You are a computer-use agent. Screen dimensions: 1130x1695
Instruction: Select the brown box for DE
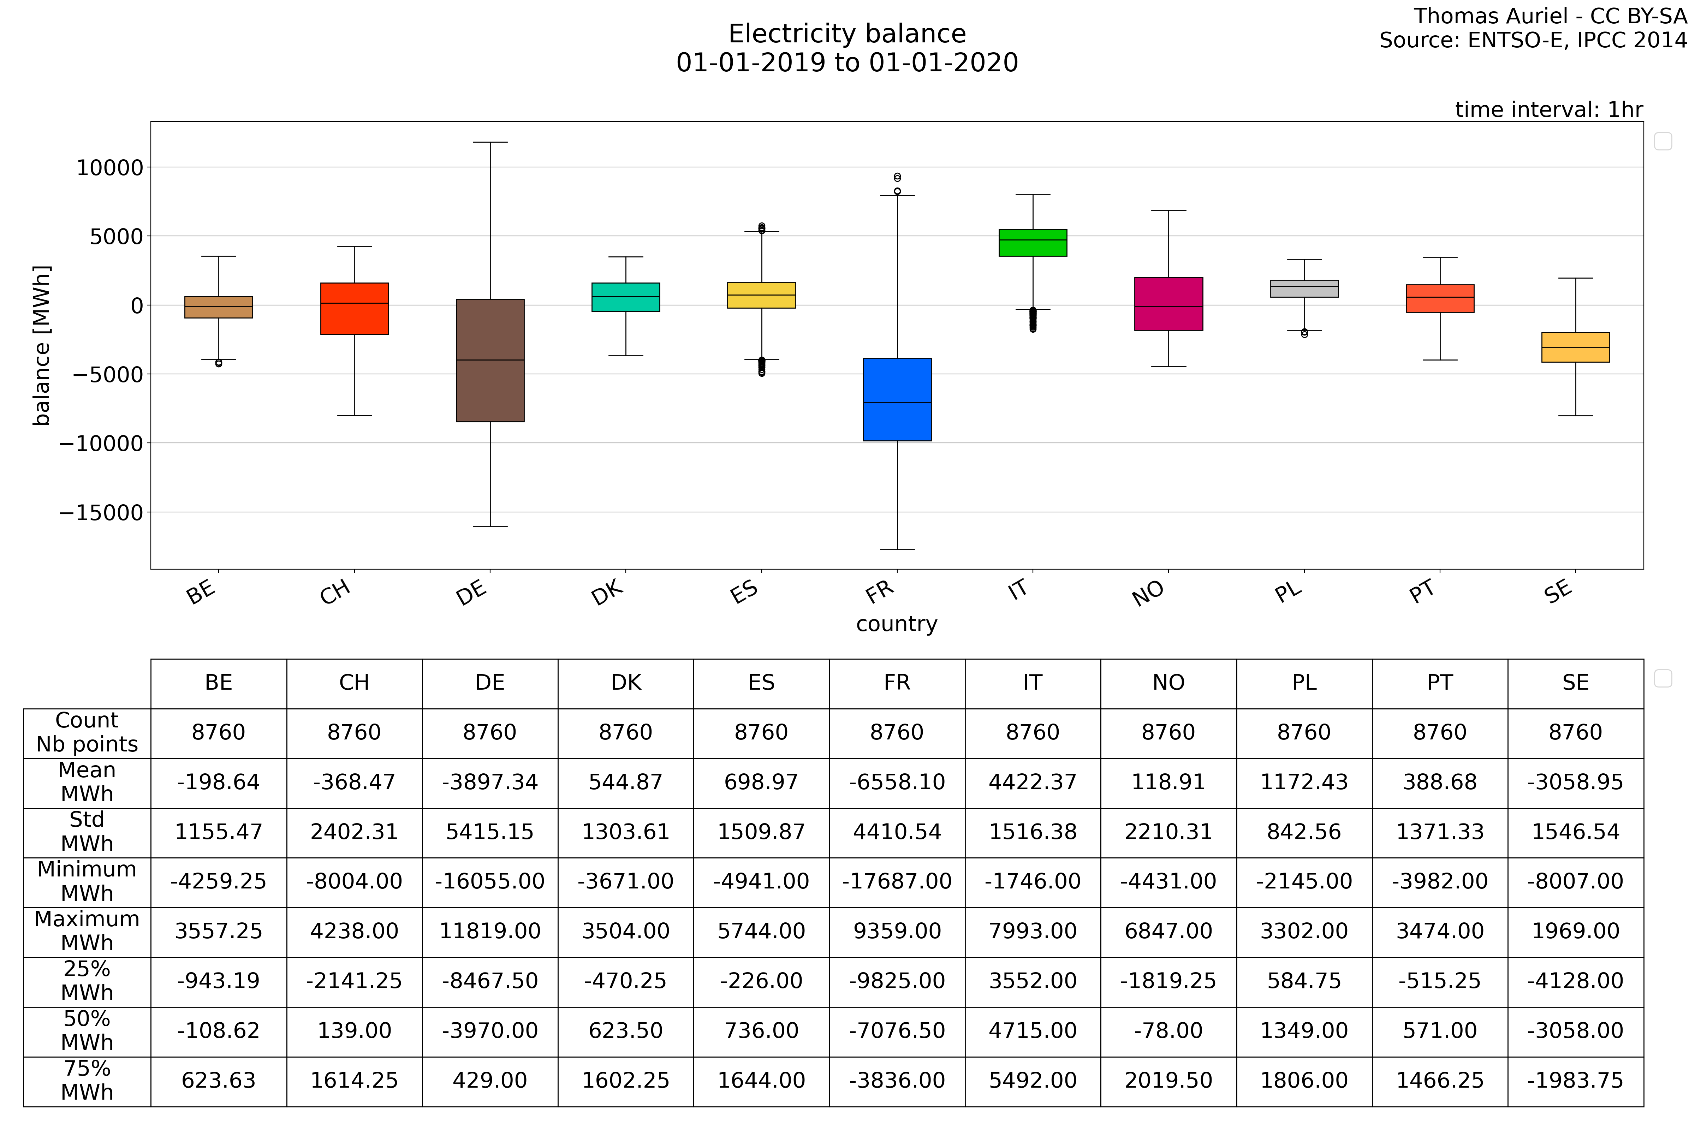pyautogui.click(x=490, y=360)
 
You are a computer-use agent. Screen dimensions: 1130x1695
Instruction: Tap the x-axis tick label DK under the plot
pyautogui.click(x=607, y=593)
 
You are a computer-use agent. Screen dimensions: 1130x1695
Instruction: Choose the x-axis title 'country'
pyautogui.click(x=897, y=624)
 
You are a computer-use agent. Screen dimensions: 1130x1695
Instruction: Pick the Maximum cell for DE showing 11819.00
pyautogui.click(x=490, y=931)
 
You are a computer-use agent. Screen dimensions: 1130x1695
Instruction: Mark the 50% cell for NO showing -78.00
pyautogui.click(x=1168, y=1030)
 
